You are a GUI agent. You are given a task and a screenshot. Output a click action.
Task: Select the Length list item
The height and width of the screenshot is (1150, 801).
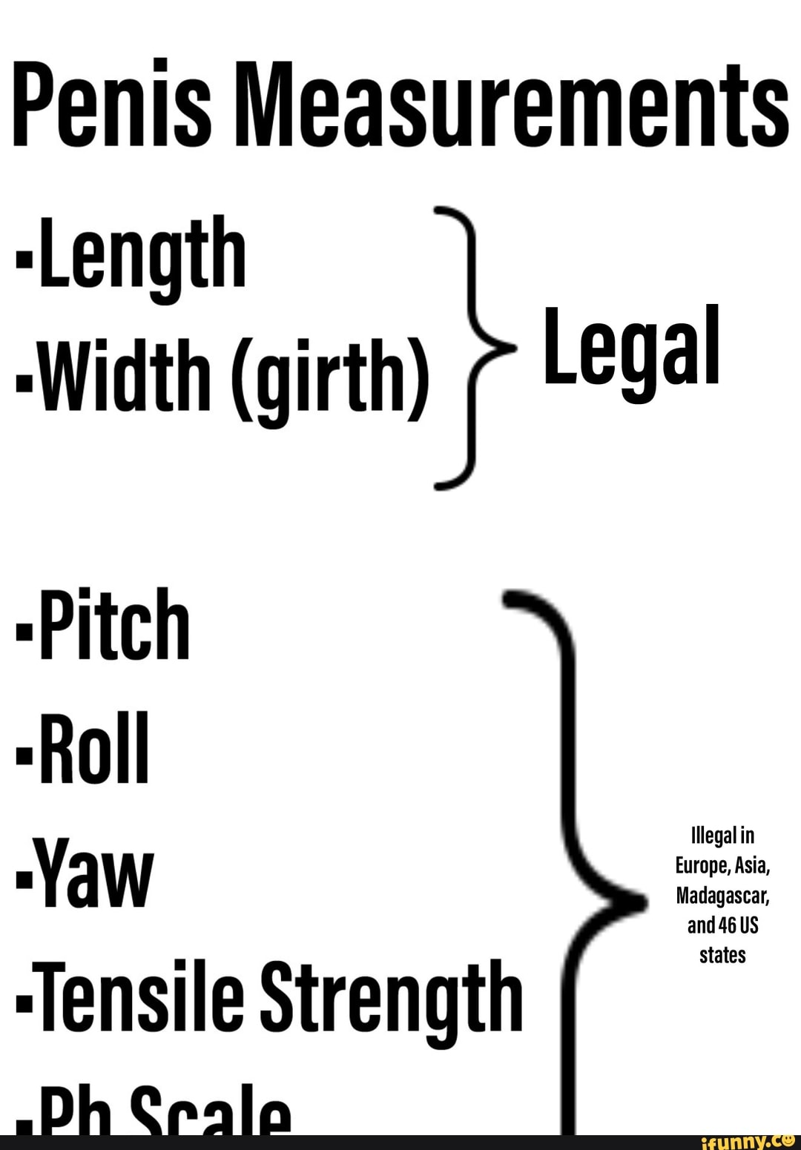142,254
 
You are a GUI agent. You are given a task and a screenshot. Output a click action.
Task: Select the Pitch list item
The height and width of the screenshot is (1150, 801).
115,624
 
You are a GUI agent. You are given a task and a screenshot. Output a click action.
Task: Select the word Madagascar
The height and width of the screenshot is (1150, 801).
722,896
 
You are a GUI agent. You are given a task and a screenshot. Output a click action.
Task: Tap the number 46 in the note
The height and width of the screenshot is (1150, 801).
728,925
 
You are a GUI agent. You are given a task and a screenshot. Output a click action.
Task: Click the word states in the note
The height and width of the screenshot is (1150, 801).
722,955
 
